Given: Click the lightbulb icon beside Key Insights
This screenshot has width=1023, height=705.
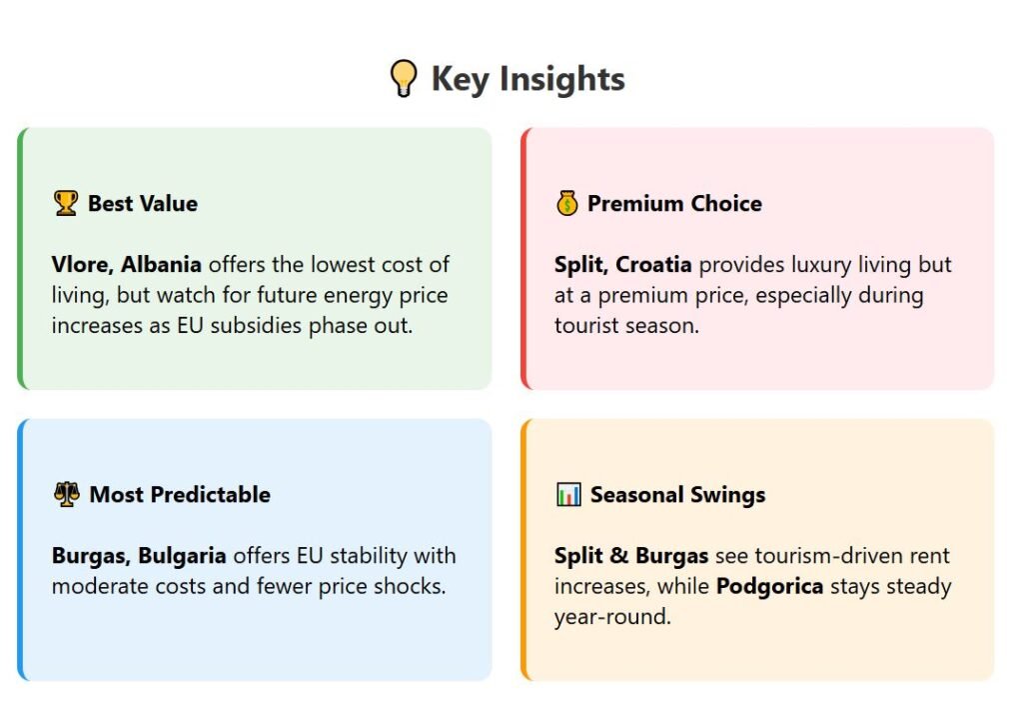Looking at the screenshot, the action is (404, 78).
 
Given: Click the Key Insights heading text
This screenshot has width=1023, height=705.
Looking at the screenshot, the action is (527, 79).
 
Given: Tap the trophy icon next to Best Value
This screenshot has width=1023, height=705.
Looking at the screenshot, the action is (66, 203).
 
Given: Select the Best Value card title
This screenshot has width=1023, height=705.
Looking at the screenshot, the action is (143, 204).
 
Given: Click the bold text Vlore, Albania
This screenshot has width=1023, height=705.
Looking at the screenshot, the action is (127, 264).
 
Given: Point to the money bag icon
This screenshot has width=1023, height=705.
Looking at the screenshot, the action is (567, 203).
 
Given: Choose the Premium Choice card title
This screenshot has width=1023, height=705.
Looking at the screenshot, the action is (674, 204).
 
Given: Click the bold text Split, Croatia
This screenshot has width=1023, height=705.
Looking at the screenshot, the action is (623, 264).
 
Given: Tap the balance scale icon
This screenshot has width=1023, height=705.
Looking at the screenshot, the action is (67, 494).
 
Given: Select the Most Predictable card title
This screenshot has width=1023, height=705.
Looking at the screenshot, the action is (180, 495).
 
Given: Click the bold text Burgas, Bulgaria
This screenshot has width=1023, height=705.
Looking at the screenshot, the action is (139, 556).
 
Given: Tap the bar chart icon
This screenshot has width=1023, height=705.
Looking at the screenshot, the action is (568, 494).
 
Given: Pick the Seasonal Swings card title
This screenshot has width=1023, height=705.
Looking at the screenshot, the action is (678, 495).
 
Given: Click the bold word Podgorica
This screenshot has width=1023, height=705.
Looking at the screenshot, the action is (770, 586).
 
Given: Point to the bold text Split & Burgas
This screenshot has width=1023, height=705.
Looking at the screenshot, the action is (631, 556).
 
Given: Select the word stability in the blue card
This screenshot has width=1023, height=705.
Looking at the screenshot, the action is (369, 556).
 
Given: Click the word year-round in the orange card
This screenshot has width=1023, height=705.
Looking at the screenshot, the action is (612, 617).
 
